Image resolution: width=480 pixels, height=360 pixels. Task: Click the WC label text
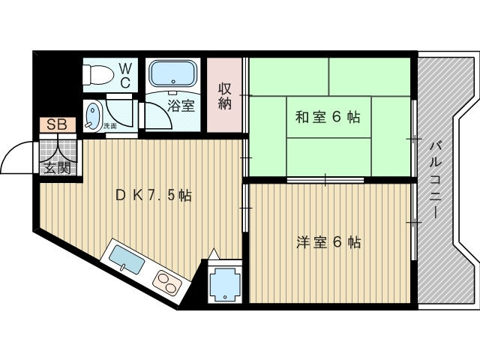point(124,75)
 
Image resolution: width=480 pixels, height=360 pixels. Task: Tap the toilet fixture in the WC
point(95,76)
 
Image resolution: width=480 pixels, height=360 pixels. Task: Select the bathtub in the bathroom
point(172,74)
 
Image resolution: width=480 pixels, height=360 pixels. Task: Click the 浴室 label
point(181,106)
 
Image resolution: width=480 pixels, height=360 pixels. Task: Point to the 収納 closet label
point(225,95)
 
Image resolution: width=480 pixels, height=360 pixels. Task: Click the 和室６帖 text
point(327,117)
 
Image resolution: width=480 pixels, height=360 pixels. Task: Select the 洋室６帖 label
point(328,242)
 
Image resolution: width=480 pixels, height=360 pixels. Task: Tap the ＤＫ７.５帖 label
point(154,196)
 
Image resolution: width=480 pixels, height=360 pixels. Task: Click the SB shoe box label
point(55,124)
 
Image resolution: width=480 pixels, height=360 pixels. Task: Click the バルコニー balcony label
point(434,179)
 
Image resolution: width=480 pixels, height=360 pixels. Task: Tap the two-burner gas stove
point(167,283)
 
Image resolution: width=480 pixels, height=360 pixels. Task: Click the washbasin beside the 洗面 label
point(93,116)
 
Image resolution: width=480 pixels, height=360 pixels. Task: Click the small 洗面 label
point(110,126)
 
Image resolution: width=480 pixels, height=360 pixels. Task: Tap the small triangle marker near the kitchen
point(214,254)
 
